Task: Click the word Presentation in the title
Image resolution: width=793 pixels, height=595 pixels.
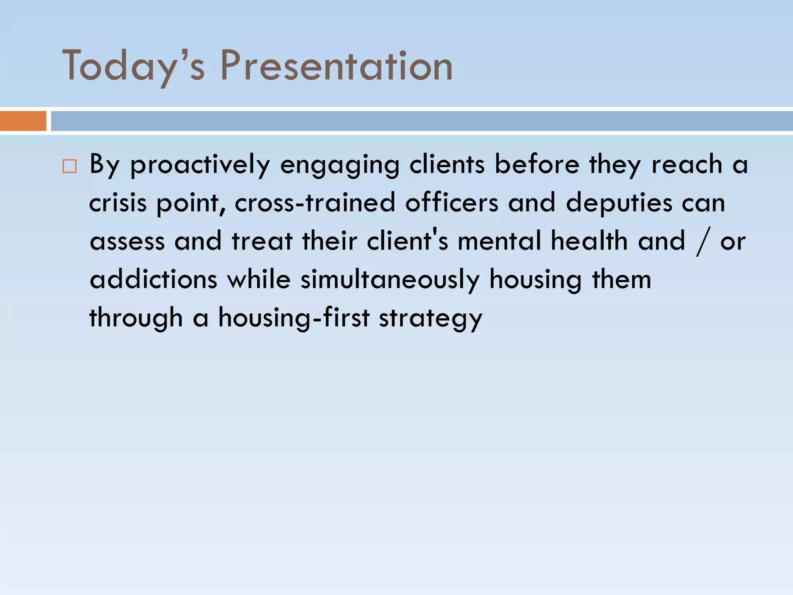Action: point(336,66)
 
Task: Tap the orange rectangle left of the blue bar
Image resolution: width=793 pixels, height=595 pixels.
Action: point(23,121)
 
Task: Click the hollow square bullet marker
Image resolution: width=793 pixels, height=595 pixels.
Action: point(69,166)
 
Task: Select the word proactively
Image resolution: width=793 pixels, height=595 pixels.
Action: point(200,165)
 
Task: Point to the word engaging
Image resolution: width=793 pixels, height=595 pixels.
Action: point(340,165)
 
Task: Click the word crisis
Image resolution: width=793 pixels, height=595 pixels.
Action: point(118,203)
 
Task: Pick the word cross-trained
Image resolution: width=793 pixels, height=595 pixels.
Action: point(315,203)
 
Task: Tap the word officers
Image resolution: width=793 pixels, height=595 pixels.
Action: point(451,203)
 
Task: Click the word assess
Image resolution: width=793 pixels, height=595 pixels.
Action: point(127,241)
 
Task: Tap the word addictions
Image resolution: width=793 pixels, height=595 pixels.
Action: point(153,279)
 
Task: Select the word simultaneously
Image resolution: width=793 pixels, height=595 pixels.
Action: point(390,279)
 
